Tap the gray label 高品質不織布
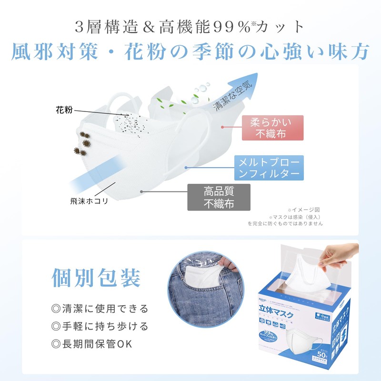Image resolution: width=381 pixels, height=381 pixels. (x=219, y=197)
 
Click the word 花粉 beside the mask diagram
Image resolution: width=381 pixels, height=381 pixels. (x=63, y=110)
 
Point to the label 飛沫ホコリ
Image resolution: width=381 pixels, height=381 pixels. (x=89, y=201)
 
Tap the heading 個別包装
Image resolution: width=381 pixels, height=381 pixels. (x=96, y=278)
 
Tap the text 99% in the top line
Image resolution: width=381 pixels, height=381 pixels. (x=231, y=27)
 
